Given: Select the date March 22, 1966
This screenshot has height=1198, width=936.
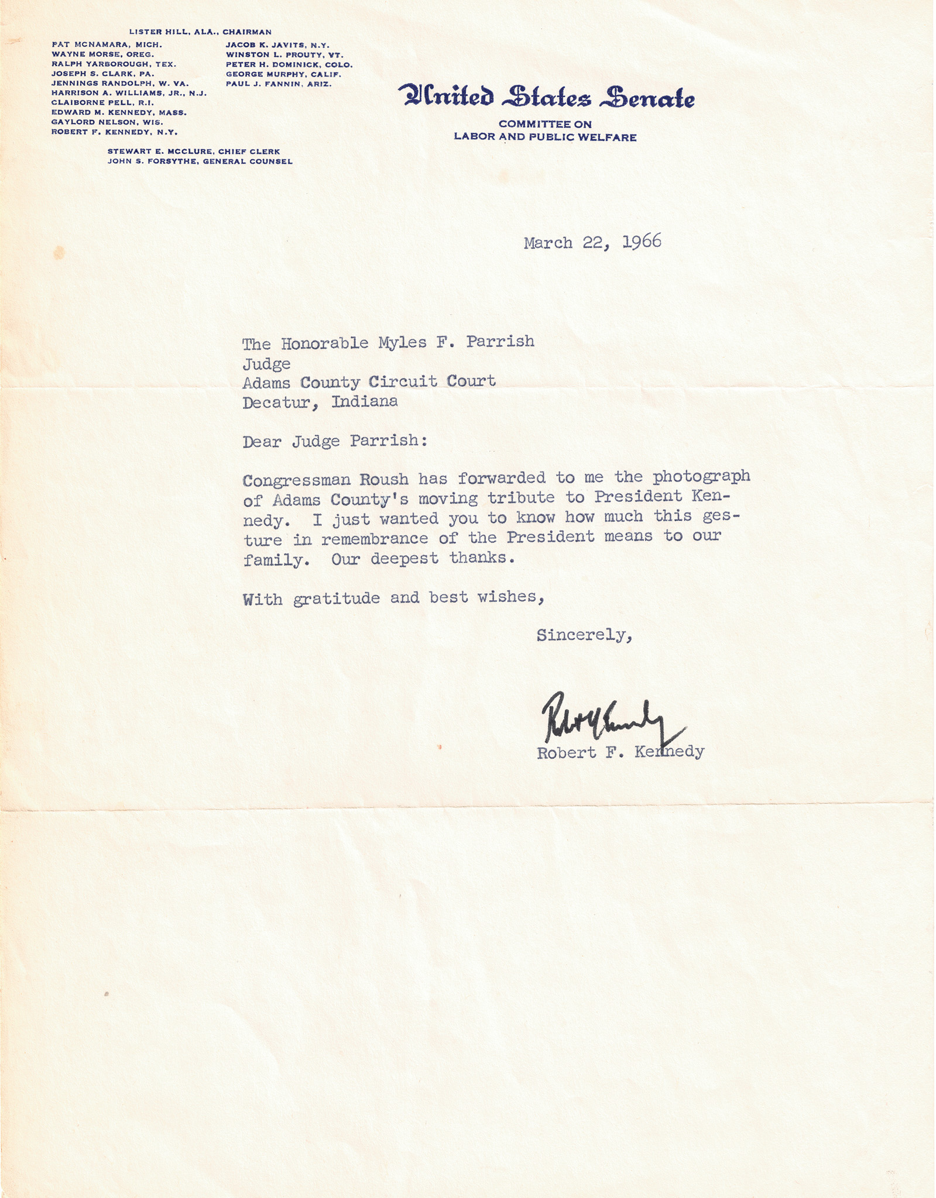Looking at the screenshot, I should point(592,242).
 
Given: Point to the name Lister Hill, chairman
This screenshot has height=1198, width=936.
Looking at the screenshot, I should point(200,32).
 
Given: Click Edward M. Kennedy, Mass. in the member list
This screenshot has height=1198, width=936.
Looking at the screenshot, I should point(119,112).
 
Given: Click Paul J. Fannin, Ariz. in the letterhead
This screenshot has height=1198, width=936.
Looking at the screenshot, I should point(279,84).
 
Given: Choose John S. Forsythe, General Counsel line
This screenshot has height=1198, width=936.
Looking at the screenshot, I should point(200,161).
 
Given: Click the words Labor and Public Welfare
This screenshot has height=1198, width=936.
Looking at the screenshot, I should point(545,137).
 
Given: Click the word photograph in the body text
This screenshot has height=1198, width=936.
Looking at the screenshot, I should point(701,477).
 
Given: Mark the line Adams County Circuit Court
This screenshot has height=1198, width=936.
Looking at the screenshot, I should point(369,382).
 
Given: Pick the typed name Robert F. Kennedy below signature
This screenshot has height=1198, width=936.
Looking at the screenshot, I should point(620,752).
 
